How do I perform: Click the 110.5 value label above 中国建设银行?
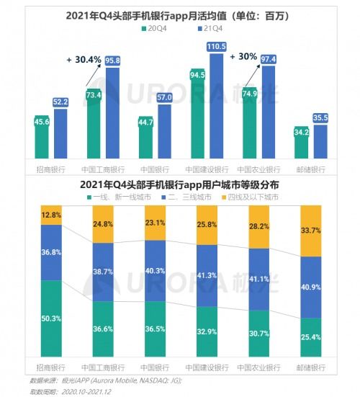[217, 46]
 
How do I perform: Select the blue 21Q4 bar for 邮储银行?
[320, 141]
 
